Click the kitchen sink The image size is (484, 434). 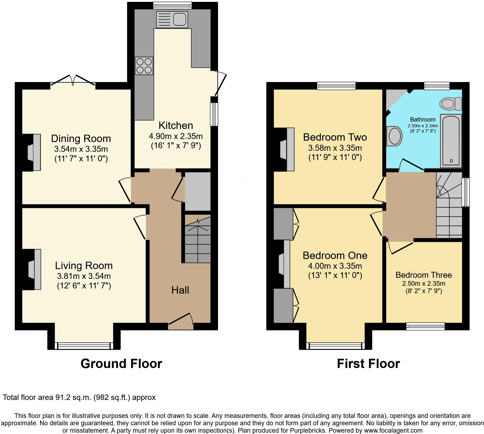pyautogui.click(x=172, y=19)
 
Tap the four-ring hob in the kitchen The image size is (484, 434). pyautogui.click(x=144, y=66)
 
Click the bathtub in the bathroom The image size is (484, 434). pyautogui.click(x=451, y=140)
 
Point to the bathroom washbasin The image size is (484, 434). pyautogui.click(x=395, y=136)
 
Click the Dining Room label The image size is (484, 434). pyautogui.click(x=81, y=138)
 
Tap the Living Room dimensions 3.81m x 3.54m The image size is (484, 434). pyautogui.click(x=84, y=276)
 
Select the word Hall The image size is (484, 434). pyautogui.click(x=180, y=290)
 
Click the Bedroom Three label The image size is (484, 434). pyautogui.click(x=423, y=275)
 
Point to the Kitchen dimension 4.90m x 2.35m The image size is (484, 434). pyautogui.click(x=176, y=136)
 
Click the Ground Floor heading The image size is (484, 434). pyautogui.click(x=121, y=364)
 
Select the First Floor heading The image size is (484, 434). pyautogui.click(x=368, y=364)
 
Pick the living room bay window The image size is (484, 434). pyautogui.click(x=84, y=346)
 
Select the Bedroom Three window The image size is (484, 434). pyautogui.click(x=425, y=326)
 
